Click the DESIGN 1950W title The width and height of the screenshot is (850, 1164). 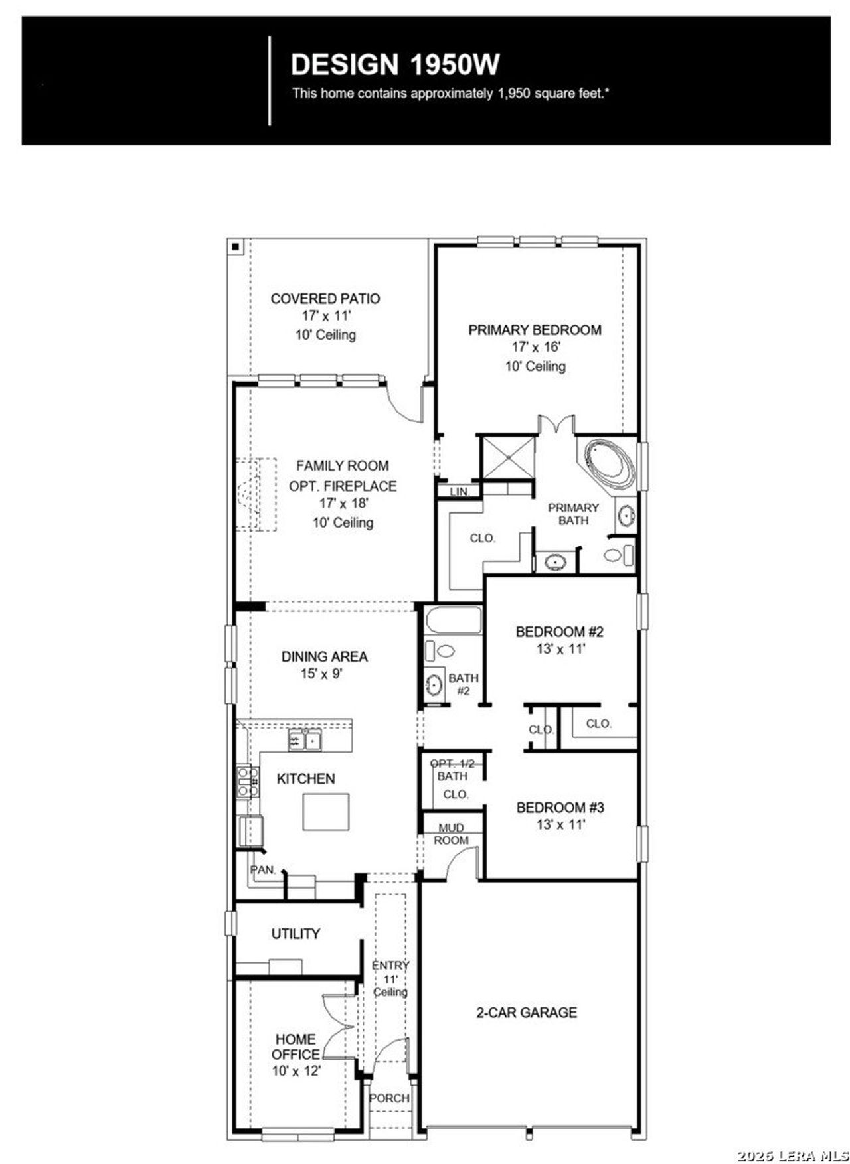click(395, 64)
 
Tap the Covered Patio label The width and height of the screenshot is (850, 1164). click(325, 299)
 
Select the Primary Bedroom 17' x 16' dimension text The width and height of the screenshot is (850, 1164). click(536, 347)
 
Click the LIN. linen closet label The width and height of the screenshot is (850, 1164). click(459, 492)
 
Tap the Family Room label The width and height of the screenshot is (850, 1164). click(342, 466)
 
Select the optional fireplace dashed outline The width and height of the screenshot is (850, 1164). click(256, 494)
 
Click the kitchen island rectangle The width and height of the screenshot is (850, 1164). click(326, 811)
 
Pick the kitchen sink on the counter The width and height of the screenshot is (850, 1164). click(304, 739)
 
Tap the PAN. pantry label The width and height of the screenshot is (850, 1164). click(262, 869)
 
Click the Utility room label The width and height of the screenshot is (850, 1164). click(296, 934)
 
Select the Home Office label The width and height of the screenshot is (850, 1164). click(296, 1046)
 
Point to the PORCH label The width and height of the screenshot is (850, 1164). click(389, 1098)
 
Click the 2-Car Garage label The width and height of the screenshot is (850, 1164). click(527, 1013)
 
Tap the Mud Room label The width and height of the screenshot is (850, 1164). click(452, 834)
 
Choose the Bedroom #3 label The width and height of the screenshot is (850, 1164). click(560, 808)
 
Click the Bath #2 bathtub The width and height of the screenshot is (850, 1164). click(453, 620)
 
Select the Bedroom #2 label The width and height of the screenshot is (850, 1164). click(560, 631)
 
